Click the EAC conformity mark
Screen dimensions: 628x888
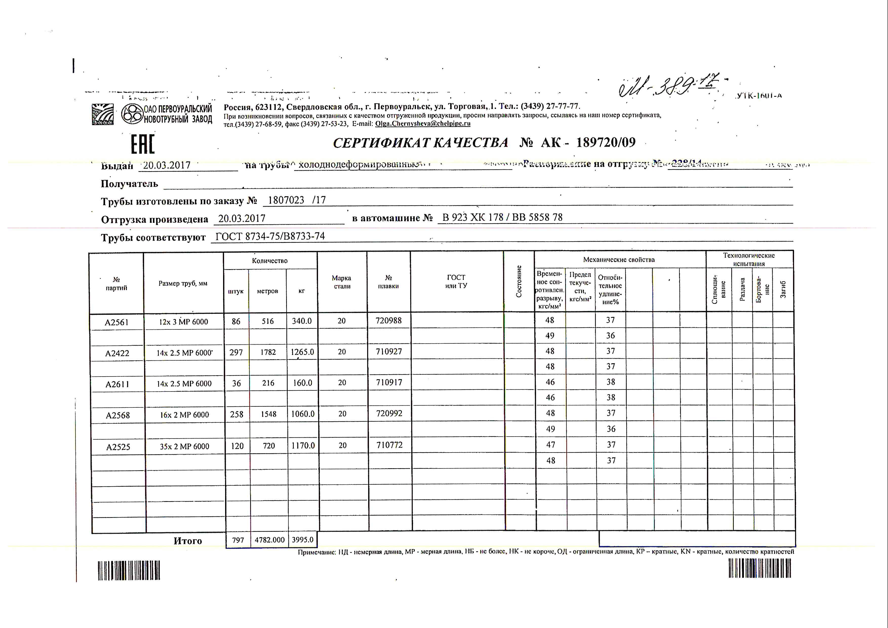[x=143, y=144]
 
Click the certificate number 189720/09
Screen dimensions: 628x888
[x=606, y=143]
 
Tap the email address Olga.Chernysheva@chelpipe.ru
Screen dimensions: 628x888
[x=422, y=124]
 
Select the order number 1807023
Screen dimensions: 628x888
[x=286, y=200]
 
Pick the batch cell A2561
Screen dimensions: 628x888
[x=116, y=322]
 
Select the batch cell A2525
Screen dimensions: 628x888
[x=118, y=447]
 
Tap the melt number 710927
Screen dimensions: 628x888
[x=389, y=351]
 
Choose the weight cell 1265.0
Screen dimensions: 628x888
[x=302, y=352]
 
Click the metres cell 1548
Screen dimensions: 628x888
[x=268, y=414]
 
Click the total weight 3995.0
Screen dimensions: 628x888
[x=302, y=539]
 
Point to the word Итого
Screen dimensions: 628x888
[x=188, y=541]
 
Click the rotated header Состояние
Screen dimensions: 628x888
[x=519, y=282]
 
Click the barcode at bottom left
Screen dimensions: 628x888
[x=129, y=570]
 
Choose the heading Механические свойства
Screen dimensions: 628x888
[x=619, y=260]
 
